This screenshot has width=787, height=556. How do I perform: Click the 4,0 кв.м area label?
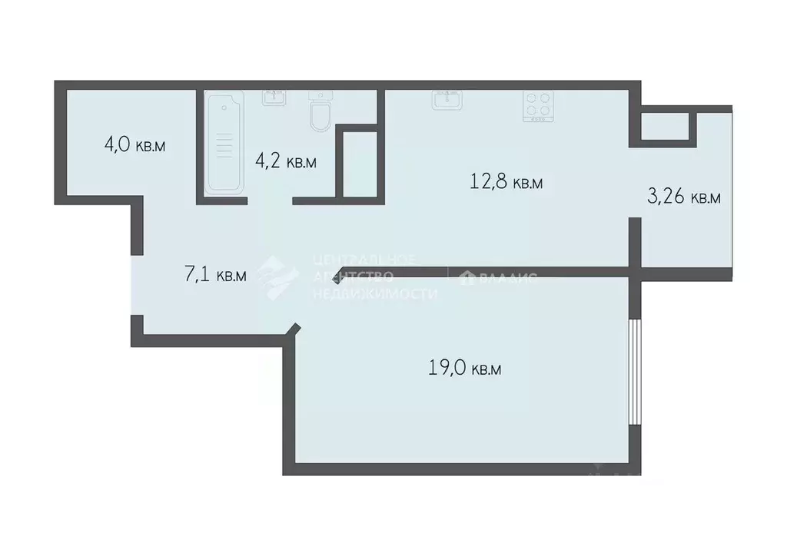(135, 144)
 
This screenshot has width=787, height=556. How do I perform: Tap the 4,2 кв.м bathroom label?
(286, 161)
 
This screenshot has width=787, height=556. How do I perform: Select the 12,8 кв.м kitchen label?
(506, 182)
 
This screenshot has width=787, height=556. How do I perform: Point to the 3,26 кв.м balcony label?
(684, 197)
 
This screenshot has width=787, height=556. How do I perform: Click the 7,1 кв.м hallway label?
(216, 275)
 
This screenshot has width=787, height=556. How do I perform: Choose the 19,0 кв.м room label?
(464, 369)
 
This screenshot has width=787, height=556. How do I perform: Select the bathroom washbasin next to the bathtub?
(274, 98)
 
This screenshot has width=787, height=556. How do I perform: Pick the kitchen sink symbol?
(447, 100)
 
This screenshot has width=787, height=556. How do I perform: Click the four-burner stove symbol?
(538, 107)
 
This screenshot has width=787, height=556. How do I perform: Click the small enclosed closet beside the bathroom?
(359, 166)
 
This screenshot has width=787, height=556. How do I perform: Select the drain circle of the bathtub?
(224, 108)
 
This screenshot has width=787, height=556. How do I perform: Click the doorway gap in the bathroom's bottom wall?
(270, 201)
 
